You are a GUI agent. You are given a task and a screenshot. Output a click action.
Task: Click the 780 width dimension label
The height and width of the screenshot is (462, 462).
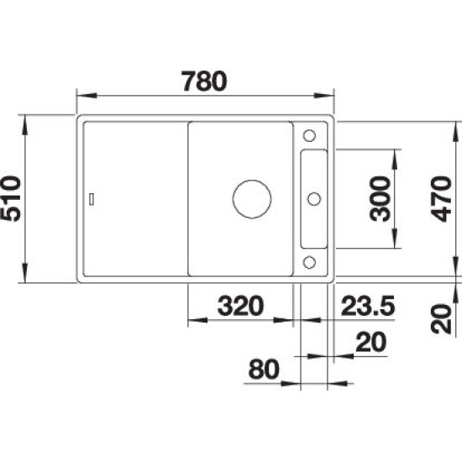click(x=205, y=81)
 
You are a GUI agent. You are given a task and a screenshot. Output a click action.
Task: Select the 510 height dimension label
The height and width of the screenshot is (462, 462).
click(x=11, y=198)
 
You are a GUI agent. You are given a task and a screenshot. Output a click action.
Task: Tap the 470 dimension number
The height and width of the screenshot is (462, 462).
click(x=441, y=198)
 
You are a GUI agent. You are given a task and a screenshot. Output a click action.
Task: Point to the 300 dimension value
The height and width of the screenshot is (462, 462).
click(x=380, y=198)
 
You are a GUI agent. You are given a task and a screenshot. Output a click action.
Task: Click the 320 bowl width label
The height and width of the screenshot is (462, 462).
click(x=240, y=306)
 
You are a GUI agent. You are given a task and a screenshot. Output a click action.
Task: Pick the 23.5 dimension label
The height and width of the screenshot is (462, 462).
click(x=368, y=306)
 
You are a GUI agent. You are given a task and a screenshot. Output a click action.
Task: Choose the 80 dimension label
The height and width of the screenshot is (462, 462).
click(x=264, y=369)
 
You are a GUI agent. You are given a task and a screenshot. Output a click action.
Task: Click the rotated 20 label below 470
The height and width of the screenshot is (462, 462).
click(x=441, y=319)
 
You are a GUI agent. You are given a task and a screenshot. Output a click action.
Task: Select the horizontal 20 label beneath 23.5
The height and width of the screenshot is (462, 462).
click(x=370, y=342)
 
